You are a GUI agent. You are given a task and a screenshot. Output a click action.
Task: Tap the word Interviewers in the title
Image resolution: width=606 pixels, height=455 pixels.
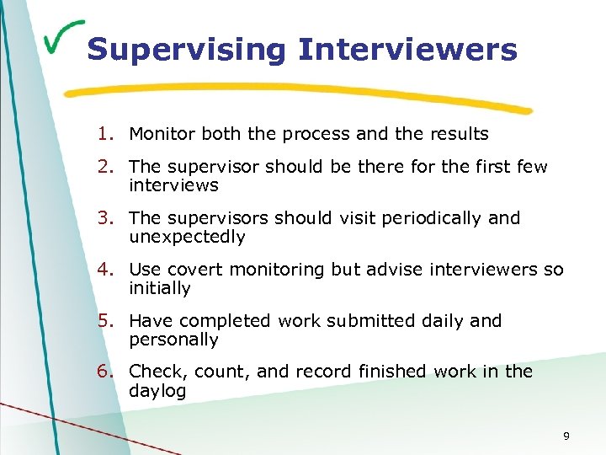tap(407, 51)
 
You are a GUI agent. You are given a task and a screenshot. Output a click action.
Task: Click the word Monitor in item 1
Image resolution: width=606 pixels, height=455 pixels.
tap(161, 134)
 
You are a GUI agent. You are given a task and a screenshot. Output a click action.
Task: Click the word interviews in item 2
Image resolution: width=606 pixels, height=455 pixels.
tap(173, 185)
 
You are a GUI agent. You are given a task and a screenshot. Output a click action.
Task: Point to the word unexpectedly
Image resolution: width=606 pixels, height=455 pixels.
tap(187, 237)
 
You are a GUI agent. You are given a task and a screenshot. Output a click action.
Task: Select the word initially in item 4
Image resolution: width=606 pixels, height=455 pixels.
tap(160, 288)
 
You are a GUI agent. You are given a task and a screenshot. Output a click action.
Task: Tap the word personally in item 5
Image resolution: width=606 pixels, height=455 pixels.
tap(173, 340)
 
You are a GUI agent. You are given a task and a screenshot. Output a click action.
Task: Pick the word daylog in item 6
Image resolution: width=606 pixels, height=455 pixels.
tap(157, 392)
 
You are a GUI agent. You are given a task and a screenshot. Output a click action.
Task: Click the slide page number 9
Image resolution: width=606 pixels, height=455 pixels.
tap(566, 436)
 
